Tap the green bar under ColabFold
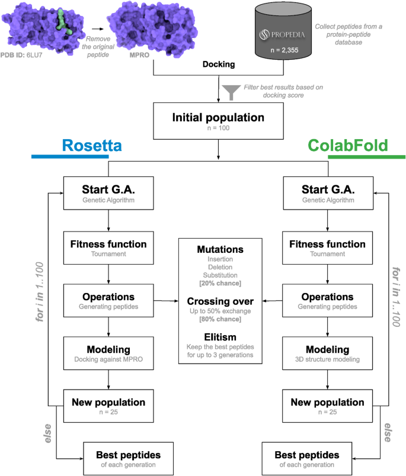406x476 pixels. pyautogui.click(x=366, y=157)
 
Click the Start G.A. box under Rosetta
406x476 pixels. pyautogui.click(x=108, y=193)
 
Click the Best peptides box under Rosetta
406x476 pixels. pyautogui.click(x=122, y=458)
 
